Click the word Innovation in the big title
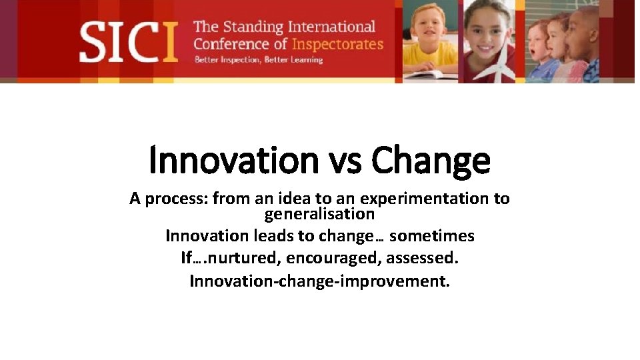235,161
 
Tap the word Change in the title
431,161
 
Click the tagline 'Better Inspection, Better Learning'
258,60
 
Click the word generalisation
319,215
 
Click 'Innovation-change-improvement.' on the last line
319,281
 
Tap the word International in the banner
332,27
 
